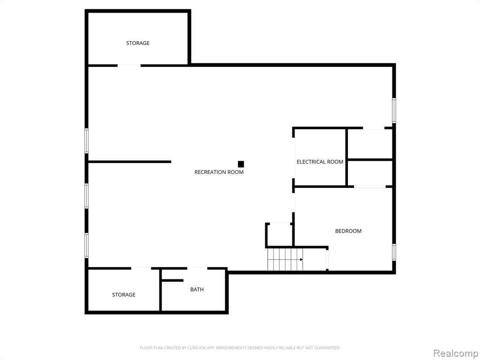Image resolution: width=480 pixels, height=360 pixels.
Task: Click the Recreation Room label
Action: point(219,172)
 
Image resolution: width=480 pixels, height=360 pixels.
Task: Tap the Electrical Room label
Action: point(320,162)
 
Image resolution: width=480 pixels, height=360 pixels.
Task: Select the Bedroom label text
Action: point(348,231)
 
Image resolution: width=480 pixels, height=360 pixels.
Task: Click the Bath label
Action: point(197,289)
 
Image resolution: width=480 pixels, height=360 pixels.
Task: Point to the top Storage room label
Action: point(138,43)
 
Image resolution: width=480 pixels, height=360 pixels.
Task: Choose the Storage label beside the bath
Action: point(124,294)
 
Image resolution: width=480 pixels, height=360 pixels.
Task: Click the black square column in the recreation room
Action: point(241,164)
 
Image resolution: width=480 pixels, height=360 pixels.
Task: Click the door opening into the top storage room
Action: point(129,66)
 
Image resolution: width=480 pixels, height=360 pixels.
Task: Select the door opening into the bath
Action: point(197,269)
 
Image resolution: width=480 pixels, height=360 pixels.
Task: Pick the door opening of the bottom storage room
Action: point(141,269)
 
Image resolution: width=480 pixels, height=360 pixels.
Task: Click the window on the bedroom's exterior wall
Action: point(394,252)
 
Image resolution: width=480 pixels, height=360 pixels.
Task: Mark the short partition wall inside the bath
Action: point(172,280)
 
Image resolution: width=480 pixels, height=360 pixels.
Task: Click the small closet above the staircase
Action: point(279,235)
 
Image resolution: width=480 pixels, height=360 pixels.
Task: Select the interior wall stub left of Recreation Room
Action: point(129,162)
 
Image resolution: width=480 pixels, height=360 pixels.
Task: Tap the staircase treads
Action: point(285,260)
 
